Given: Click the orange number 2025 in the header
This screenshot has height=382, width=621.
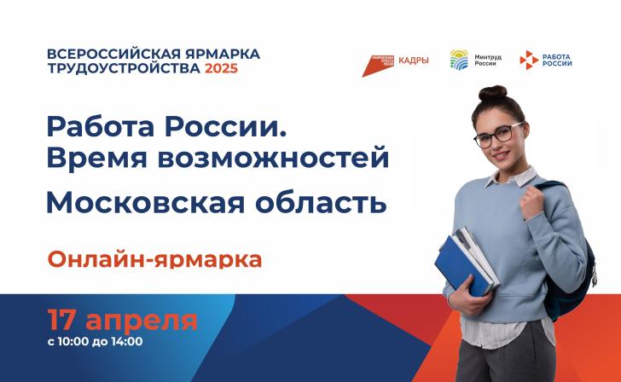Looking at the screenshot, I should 221,69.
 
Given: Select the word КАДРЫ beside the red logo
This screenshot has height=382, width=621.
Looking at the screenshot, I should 414,60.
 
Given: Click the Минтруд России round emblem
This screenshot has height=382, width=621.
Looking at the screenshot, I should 458,60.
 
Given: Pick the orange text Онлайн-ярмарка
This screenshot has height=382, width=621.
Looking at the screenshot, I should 154,258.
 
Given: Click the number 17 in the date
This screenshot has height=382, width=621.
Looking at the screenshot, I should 63,321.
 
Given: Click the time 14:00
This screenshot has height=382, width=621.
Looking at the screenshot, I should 125,343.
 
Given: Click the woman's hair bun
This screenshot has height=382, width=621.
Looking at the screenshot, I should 493,92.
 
